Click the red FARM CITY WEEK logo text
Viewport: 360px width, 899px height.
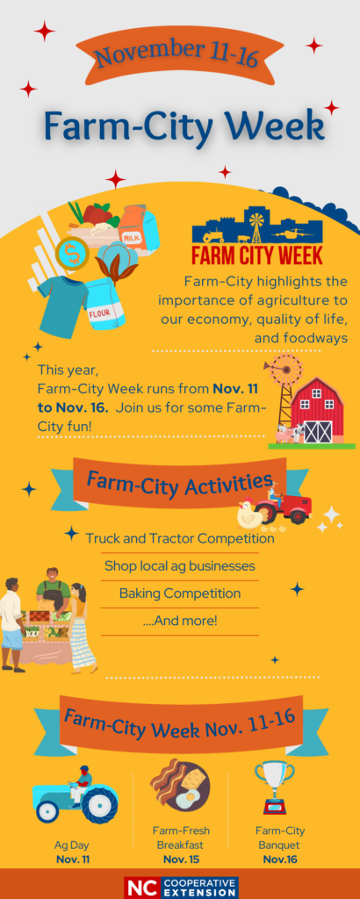pos(256,255)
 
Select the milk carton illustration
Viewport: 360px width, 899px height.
pos(140,231)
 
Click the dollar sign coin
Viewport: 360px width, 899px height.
pos(73,252)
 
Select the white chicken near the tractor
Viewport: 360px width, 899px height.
pos(251,514)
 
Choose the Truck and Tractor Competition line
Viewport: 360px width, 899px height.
pos(180,539)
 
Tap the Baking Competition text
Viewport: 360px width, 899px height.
pos(180,593)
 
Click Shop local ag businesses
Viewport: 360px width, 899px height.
pos(180,566)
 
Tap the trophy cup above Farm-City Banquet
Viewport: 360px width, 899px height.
pos(274,788)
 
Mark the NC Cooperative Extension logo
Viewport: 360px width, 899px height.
pos(181,887)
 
